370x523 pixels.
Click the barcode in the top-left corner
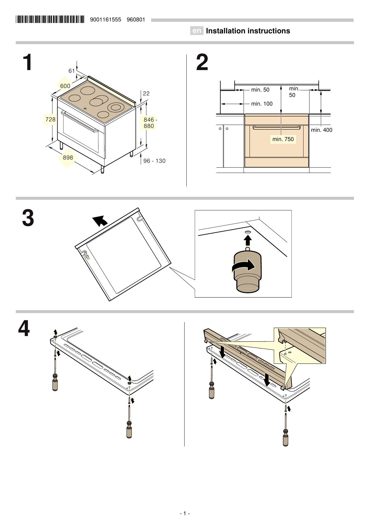tap(50, 20)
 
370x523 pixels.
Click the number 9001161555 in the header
tap(106, 20)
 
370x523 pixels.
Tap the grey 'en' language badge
tap(196, 31)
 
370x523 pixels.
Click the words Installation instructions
tap(248, 31)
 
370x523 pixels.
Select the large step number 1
tap(28, 63)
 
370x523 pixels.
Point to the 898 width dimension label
tap(68, 157)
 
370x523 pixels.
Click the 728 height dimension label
tap(50, 119)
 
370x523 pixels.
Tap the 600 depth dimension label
tap(65, 86)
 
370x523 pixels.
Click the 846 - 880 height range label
tap(149, 123)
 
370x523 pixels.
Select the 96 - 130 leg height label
tap(154, 161)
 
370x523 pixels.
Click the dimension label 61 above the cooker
tap(72, 71)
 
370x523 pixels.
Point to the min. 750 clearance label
tap(283, 139)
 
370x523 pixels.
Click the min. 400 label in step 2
tap(321, 130)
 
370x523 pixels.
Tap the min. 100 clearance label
tap(261, 104)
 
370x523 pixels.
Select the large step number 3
tap(28, 218)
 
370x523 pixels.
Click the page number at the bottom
tap(185, 513)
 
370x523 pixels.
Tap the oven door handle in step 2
tap(276, 128)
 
